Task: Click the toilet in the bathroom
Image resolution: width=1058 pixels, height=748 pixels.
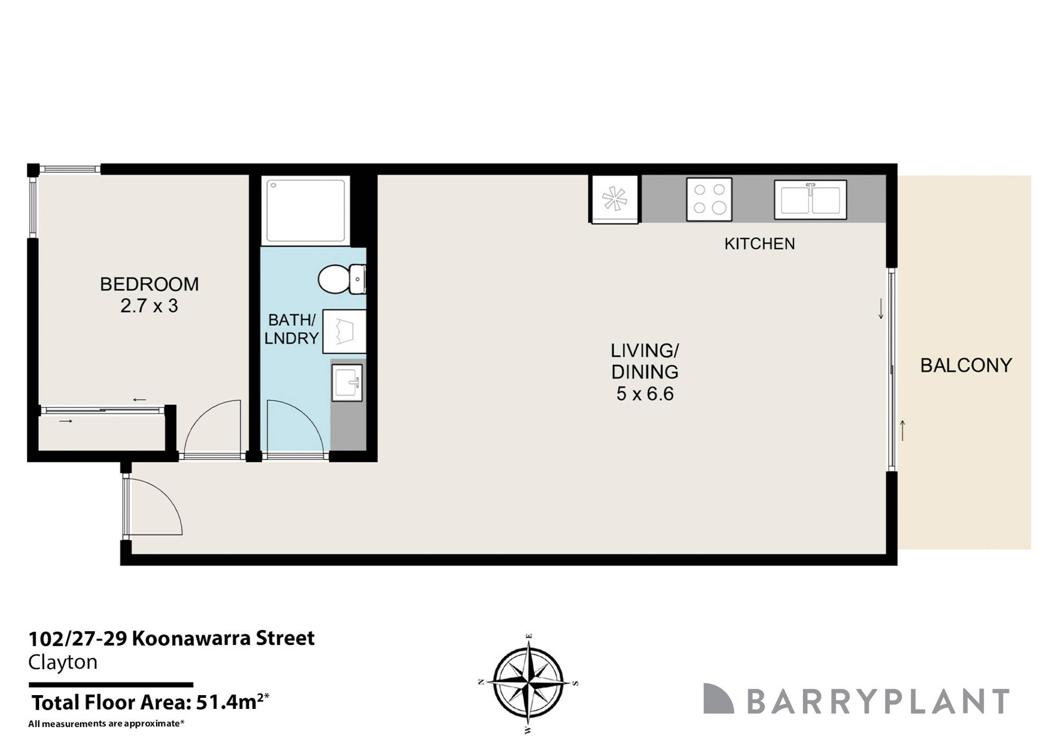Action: tap(340, 279)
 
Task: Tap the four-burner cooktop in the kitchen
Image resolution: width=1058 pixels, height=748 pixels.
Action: tap(709, 199)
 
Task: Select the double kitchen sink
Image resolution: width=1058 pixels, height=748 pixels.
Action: tap(810, 200)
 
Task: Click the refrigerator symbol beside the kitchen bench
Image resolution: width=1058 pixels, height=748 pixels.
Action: tap(615, 199)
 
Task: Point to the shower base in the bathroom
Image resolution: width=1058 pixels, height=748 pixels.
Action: tap(306, 210)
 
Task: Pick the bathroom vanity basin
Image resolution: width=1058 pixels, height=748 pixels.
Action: tap(347, 382)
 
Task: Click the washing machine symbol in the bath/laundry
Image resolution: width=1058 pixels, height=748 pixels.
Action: tap(344, 331)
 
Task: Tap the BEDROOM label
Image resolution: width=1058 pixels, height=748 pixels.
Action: tap(149, 284)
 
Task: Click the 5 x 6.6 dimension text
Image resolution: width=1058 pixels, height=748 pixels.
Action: tap(644, 394)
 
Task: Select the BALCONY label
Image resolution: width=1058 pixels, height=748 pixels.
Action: tap(966, 365)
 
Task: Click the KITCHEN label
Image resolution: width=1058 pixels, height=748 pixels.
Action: tap(759, 244)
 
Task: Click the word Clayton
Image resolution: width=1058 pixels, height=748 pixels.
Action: tap(62, 662)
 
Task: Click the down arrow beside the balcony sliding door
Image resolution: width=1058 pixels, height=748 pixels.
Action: tap(881, 309)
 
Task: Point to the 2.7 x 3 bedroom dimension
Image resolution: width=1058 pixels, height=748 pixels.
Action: tap(149, 306)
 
